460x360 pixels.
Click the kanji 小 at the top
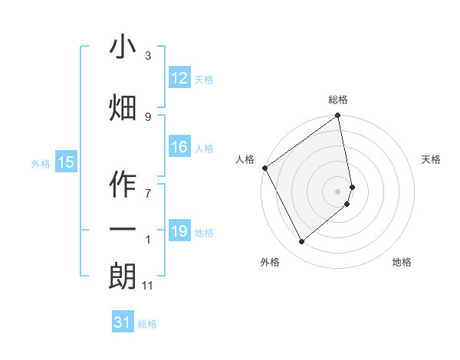click(x=123, y=47)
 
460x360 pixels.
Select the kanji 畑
click(x=123, y=108)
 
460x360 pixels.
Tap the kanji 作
click(x=123, y=185)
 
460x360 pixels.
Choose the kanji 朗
click(x=123, y=277)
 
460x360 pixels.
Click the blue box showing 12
click(x=179, y=77)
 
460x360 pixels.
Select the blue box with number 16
click(x=179, y=147)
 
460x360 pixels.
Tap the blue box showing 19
click(x=179, y=231)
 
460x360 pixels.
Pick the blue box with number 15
click(x=65, y=162)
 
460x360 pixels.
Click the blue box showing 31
click(x=123, y=322)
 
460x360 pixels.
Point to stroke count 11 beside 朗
click(x=149, y=286)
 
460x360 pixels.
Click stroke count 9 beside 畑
click(x=148, y=116)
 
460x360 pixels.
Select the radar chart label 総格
click(x=338, y=100)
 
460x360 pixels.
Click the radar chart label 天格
click(x=432, y=159)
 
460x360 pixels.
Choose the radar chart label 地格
click(x=402, y=262)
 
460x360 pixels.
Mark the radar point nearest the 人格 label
click(x=264, y=168)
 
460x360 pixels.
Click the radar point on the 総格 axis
click(x=338, y=116)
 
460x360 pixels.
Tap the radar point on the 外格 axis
click(x=301, y=241)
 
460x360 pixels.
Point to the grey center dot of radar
click(x=338, y=191)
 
